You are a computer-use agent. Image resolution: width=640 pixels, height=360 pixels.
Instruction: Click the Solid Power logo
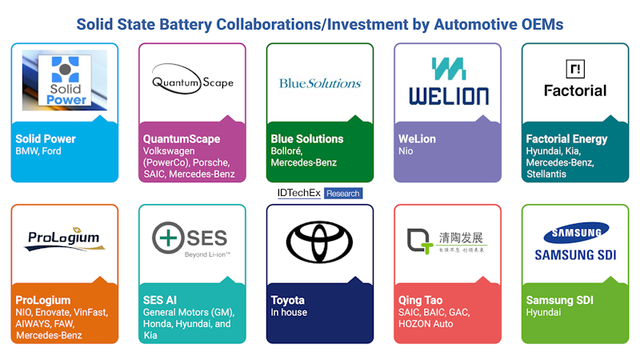tap(64, 80)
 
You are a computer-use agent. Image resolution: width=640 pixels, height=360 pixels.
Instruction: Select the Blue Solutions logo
tap(319, 83)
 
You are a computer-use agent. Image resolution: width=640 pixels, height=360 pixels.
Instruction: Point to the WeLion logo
tap(448, 82)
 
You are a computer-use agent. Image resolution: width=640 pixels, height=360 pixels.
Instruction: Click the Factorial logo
tap(575, 79)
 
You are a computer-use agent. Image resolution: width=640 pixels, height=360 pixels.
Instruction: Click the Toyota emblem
tap(320, 240)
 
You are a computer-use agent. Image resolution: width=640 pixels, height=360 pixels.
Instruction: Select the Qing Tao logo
tap(447, 240)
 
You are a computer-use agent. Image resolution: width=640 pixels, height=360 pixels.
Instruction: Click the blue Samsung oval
tap(575, 234)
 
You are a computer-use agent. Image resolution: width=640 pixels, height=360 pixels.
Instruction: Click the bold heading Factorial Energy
tap(566, 138)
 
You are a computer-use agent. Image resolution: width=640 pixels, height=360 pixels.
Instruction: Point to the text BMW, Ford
tap(38, 150)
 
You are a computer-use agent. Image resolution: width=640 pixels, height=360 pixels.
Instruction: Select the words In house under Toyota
tap(289, 312)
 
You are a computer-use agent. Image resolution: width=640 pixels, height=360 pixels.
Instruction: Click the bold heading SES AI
tap(159, 300)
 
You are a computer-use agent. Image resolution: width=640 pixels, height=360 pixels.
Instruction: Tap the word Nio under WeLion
tap(406, 150)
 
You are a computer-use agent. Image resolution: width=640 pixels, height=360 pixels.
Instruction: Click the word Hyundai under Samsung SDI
tap(543, 312)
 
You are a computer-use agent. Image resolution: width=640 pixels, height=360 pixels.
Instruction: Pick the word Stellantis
tap(546, 174)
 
